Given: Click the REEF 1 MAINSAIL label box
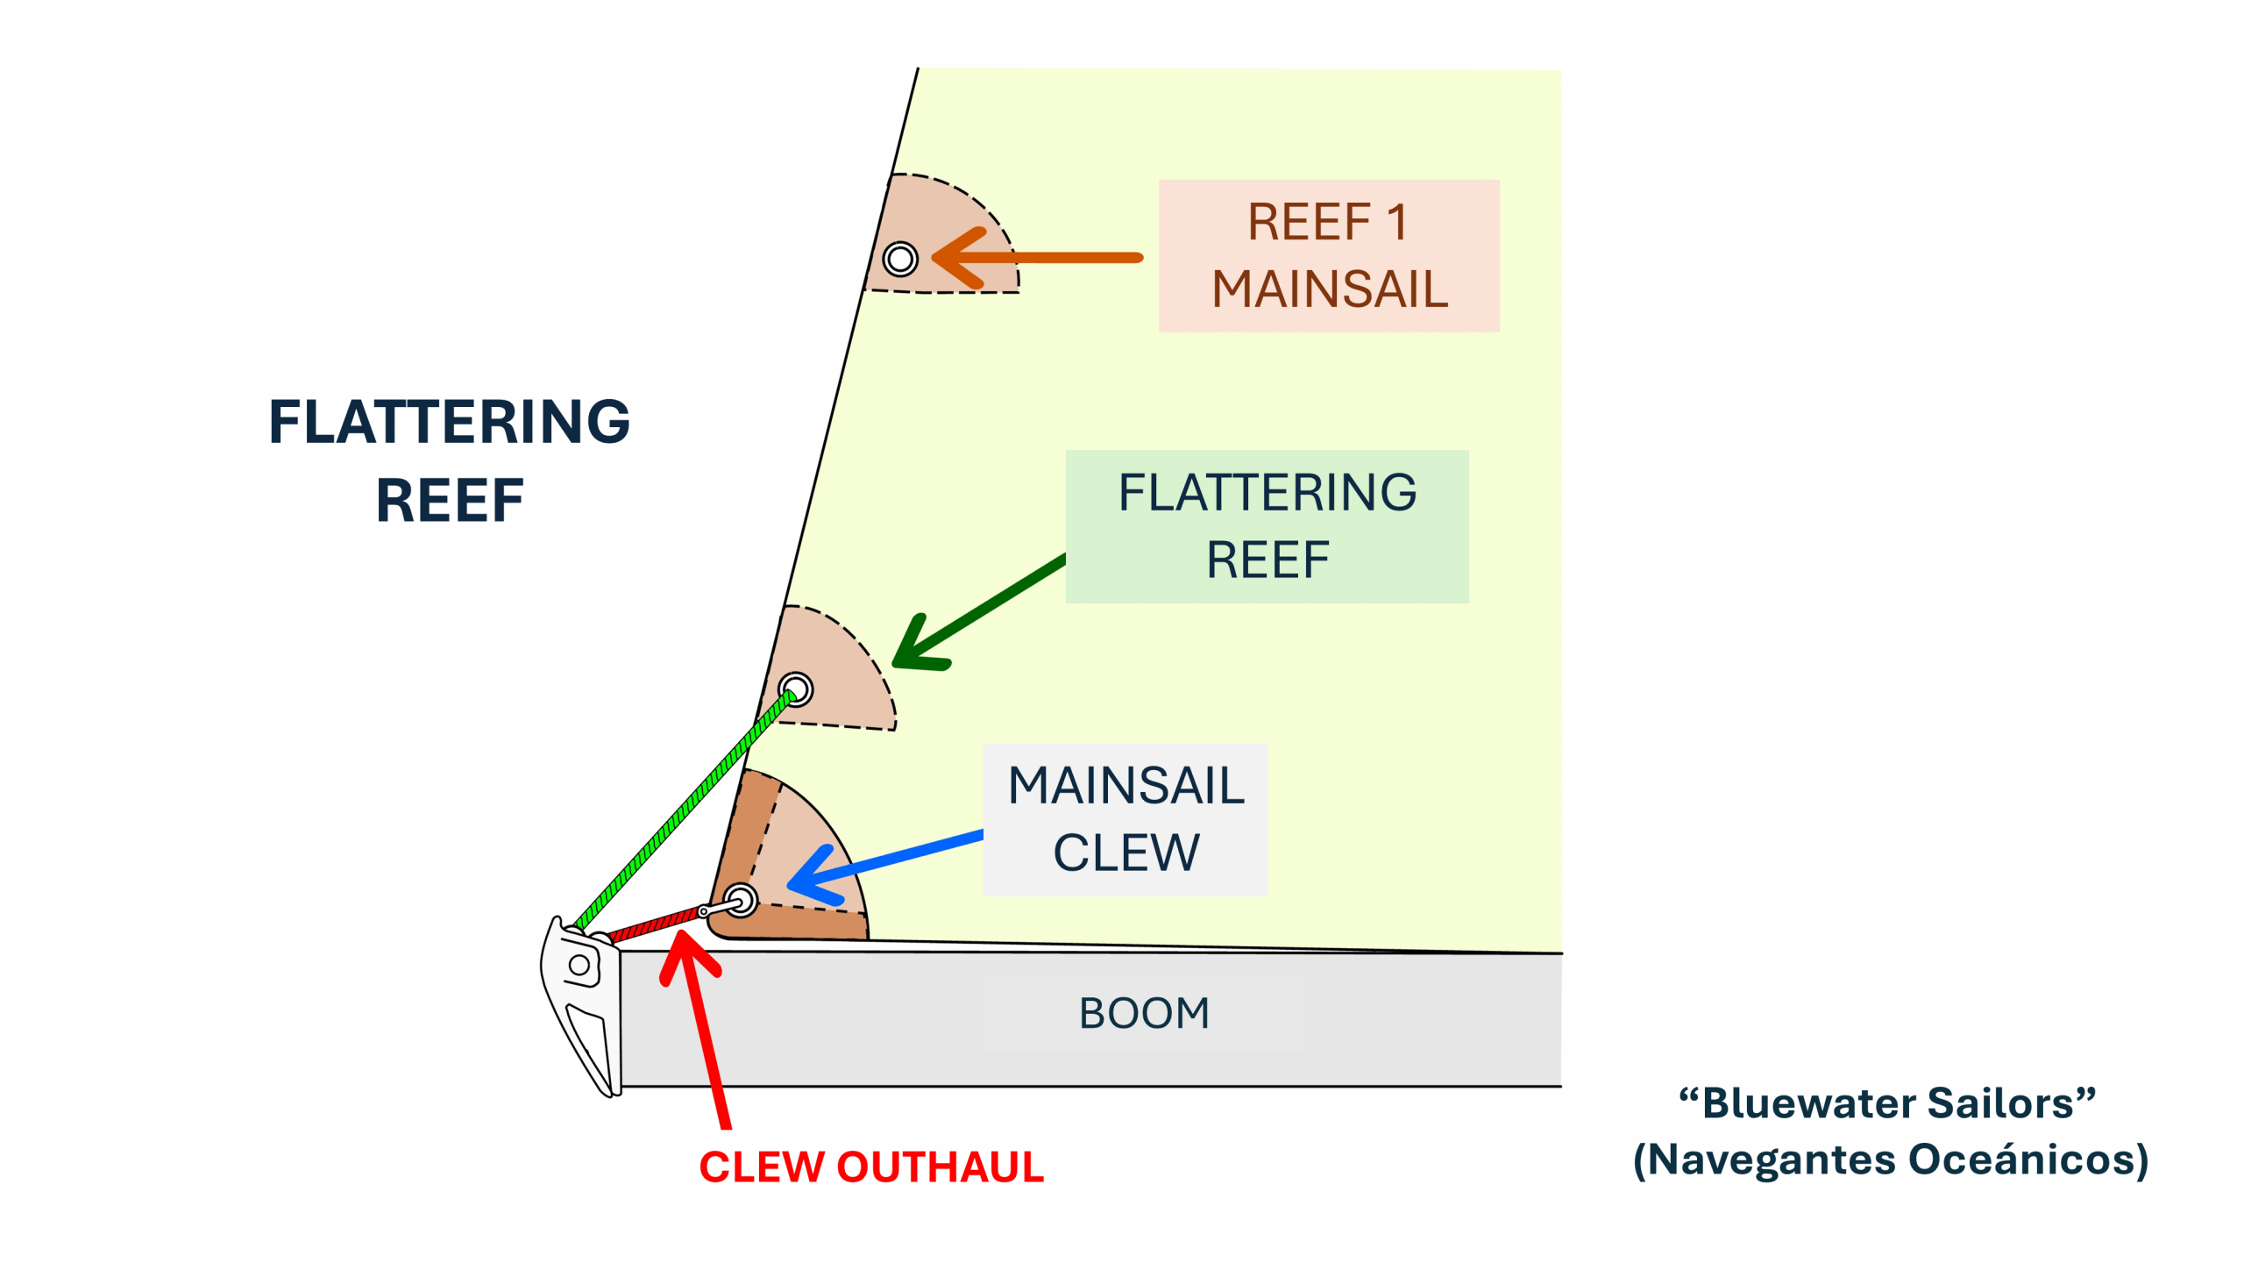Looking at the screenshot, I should [1328, 255].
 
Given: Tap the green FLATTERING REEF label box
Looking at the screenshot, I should [1267, 526].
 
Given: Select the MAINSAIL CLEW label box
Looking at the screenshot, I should [1125, 818].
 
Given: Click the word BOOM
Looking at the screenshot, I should [1143, 1013].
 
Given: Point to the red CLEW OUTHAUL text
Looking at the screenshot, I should [870, 1167].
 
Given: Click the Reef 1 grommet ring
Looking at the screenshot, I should [900, 259].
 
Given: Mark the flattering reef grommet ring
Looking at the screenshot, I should [796, 689].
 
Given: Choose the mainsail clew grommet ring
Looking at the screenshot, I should [741, 900].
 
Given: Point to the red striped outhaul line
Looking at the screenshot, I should [653, 924].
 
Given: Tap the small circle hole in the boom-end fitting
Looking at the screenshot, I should [579, 966].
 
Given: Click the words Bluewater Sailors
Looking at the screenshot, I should [1886, 1103].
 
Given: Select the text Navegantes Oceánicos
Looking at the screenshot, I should [1890, 1160].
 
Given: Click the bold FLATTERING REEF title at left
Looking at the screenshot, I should [449, 460].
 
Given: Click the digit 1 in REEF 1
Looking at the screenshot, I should [1397, 222].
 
